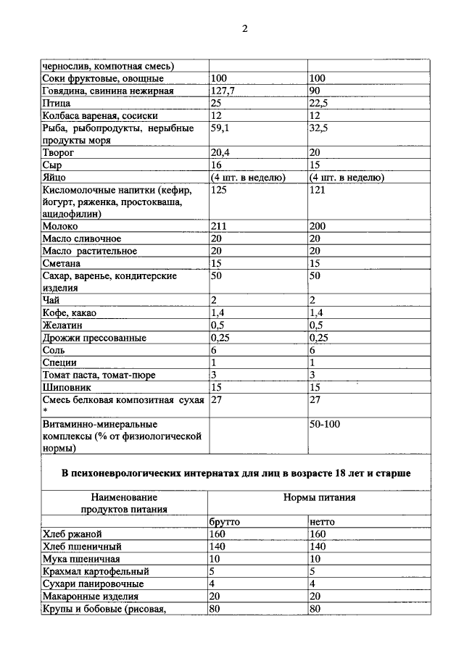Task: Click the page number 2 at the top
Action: [244, 29]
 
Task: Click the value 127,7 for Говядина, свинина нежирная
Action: [223, 91]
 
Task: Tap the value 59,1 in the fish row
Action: [220, 129]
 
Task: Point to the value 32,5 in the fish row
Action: [319, 129]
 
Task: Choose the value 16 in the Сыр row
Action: [217, 165]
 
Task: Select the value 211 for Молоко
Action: [219, 227]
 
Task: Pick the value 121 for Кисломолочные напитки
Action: [318, 190]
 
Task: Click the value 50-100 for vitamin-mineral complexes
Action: [324, 423]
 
